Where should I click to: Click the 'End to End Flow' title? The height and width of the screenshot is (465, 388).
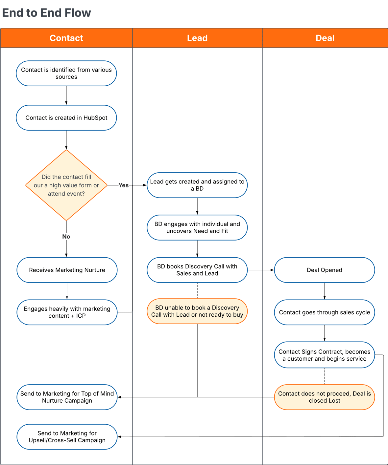coord(47,13)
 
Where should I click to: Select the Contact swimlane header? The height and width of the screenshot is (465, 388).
coord(66,38)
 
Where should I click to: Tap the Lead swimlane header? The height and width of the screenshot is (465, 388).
coord(197,38)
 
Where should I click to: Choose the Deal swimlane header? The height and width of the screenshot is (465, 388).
coord(325,38)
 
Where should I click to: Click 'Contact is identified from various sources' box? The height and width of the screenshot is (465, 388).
coord(66,73)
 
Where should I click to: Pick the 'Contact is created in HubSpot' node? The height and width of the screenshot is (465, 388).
coord(66,117)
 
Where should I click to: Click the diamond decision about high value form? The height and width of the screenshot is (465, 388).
coord(66,185)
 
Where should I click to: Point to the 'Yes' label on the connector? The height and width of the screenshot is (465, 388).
coord(123,185)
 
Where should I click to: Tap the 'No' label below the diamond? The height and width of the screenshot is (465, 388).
coord(66,237)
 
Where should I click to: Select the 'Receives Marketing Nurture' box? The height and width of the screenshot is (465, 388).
coord(67,270)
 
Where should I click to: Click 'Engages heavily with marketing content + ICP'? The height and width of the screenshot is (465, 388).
coord(67,312)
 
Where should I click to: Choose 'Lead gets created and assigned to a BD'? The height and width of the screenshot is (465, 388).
coord(197,185)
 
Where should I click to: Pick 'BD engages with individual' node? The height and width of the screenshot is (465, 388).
coord(197,227)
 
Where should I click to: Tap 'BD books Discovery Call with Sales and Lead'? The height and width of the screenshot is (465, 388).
coord(197,270)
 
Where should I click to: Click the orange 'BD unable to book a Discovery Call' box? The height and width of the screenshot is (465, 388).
coord(197,311)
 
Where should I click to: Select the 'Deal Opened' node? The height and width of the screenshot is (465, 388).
coord(325,270)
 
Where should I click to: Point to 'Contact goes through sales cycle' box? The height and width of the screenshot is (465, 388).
coord(325,312)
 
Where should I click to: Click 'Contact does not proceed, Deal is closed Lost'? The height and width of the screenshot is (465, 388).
coord(325,397)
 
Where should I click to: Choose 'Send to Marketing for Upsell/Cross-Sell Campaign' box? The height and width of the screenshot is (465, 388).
coord(67,437)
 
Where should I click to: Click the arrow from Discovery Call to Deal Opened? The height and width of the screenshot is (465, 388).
coord(261,270)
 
